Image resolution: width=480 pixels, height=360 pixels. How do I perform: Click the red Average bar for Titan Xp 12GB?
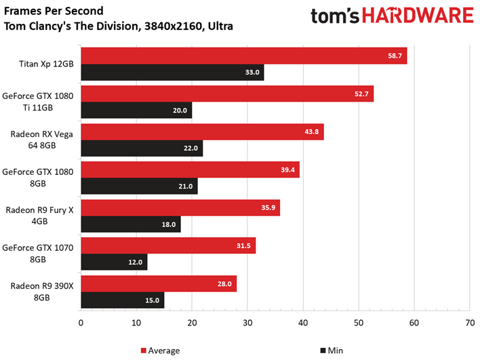point(243,56)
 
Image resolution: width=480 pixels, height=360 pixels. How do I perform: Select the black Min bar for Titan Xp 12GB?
point(172,73)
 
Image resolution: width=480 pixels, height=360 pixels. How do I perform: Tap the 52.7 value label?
point(361,94)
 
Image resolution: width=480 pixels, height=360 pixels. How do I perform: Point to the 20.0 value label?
point(180,111)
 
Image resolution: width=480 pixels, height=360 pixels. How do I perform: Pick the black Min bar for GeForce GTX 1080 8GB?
point(139,186)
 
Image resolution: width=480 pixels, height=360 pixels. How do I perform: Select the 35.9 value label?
point(268,207)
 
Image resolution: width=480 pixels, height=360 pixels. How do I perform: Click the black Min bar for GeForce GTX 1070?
point(114,262)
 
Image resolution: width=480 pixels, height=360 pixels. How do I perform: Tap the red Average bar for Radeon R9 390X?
point(159,283)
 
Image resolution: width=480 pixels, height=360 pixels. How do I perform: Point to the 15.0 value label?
point(152,300)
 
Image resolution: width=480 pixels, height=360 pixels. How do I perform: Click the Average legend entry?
point(160,351)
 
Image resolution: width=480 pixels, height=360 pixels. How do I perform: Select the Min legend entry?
point(329,351)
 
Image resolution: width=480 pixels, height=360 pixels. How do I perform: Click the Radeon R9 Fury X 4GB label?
point(41,215)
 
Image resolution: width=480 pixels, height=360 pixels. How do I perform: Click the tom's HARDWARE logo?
point(391,18)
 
